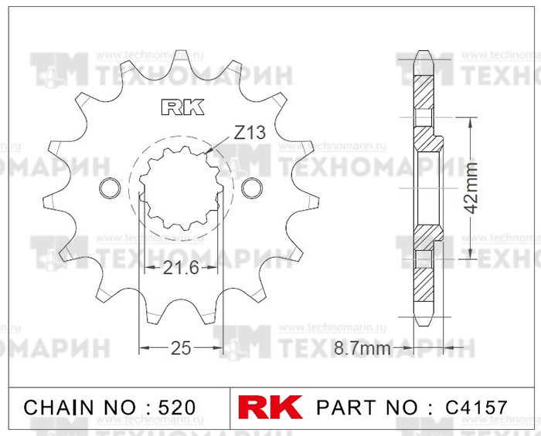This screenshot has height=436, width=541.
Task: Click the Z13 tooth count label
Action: click(249, 133)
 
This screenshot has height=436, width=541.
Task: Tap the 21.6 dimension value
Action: click(182, 269)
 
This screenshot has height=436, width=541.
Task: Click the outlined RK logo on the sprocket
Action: click(182, 107)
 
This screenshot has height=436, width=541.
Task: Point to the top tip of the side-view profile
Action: click(423, 54)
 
